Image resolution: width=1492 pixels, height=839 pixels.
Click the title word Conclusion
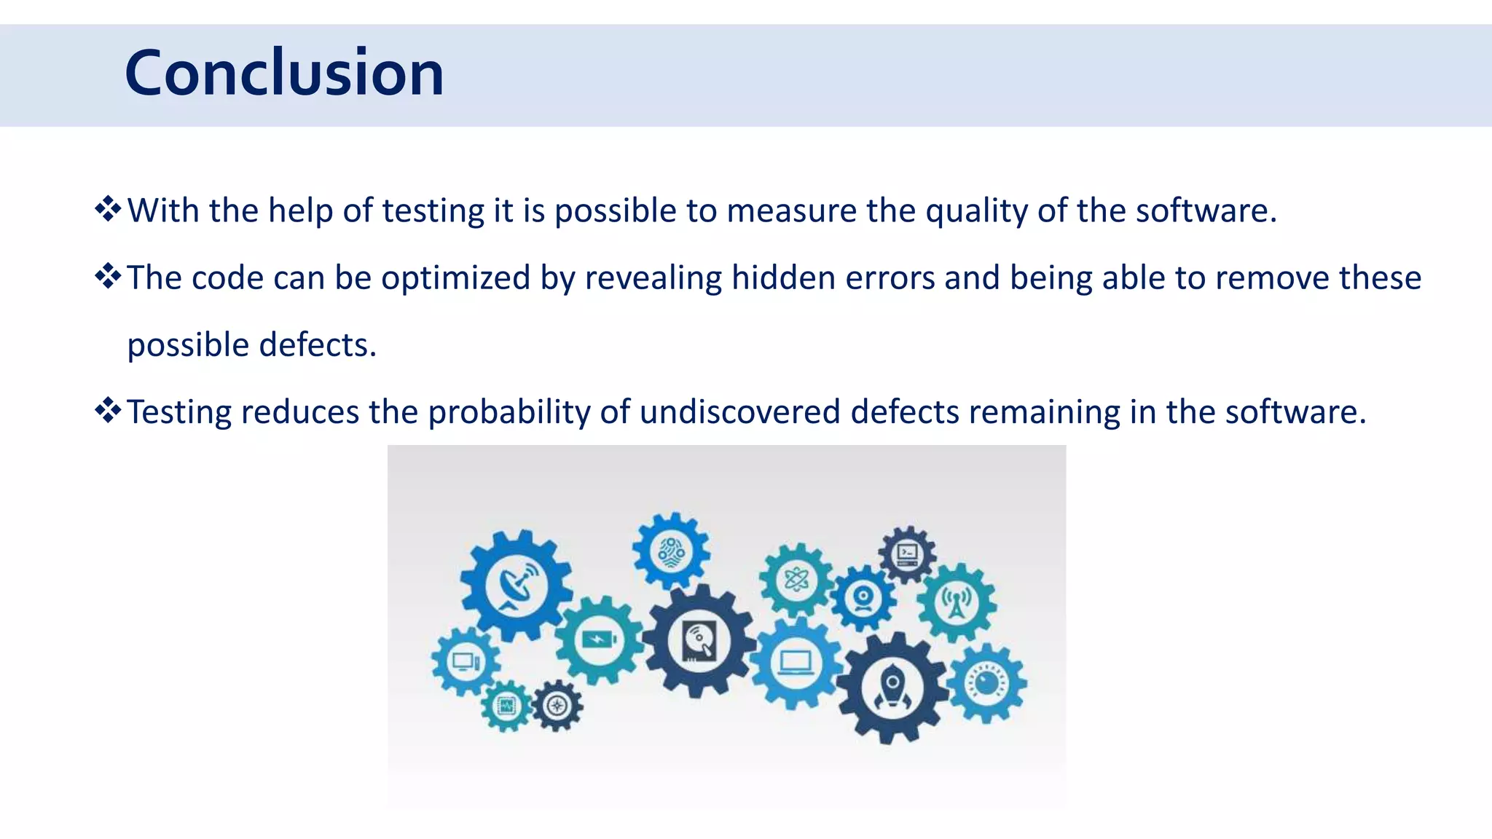[x=284, y=73]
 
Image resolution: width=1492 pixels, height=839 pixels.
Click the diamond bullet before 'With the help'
[x=108, y=209]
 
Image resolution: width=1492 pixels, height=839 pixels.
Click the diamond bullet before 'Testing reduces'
[x=108, y=411]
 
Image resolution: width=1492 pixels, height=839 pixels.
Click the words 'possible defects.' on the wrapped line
[x=251, y=345]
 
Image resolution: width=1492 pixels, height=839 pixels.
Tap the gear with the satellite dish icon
[x=517, y=585]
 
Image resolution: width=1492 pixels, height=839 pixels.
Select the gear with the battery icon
[x=598, y=639]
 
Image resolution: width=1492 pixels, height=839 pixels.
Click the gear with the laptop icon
[x=796, y=662]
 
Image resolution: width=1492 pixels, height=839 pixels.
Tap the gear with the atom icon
[x=796, y=580]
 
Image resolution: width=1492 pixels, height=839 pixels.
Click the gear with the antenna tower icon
[x=956, y=602]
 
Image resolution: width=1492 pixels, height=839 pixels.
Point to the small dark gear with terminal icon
[x=907, y=554]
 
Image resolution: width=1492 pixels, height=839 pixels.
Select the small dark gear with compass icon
[x=557, y=706]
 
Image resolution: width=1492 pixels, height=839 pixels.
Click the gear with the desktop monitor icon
[x=465, y=662]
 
